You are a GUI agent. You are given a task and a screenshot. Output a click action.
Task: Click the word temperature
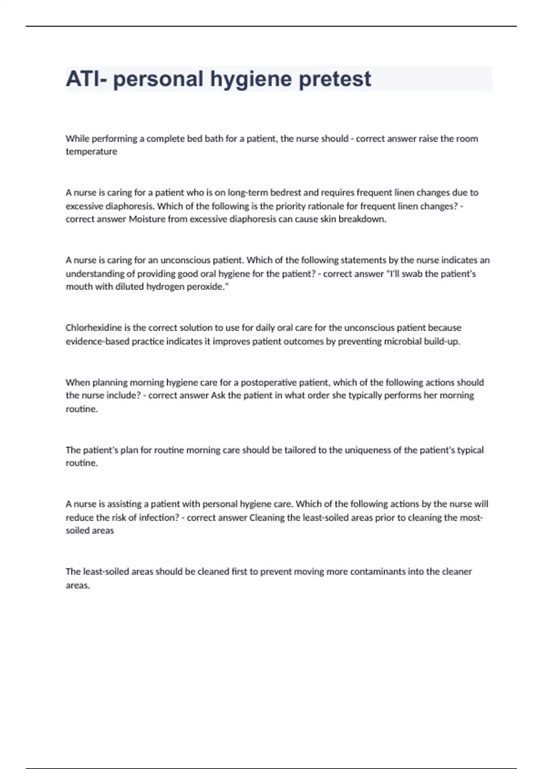pos(91,152)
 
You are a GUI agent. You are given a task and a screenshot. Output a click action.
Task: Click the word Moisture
pos(147,219)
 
